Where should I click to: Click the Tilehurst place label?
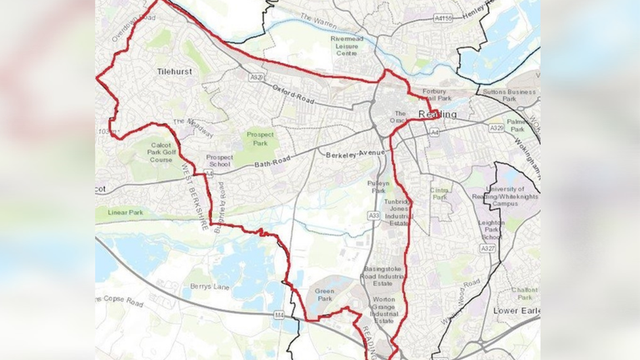point(174,71)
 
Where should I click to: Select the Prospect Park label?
point(260,138)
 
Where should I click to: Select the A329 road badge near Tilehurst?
point(257,77)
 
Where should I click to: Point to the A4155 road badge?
point(444,18)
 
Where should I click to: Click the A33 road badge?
point(374,215)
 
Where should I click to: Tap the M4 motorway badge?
point(279,315)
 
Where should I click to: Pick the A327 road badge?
point(487,249)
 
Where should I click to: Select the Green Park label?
point(325,296)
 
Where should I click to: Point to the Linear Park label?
point(126,212)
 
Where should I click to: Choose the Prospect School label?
point(219,161)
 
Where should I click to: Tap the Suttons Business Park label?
point(508,96)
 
